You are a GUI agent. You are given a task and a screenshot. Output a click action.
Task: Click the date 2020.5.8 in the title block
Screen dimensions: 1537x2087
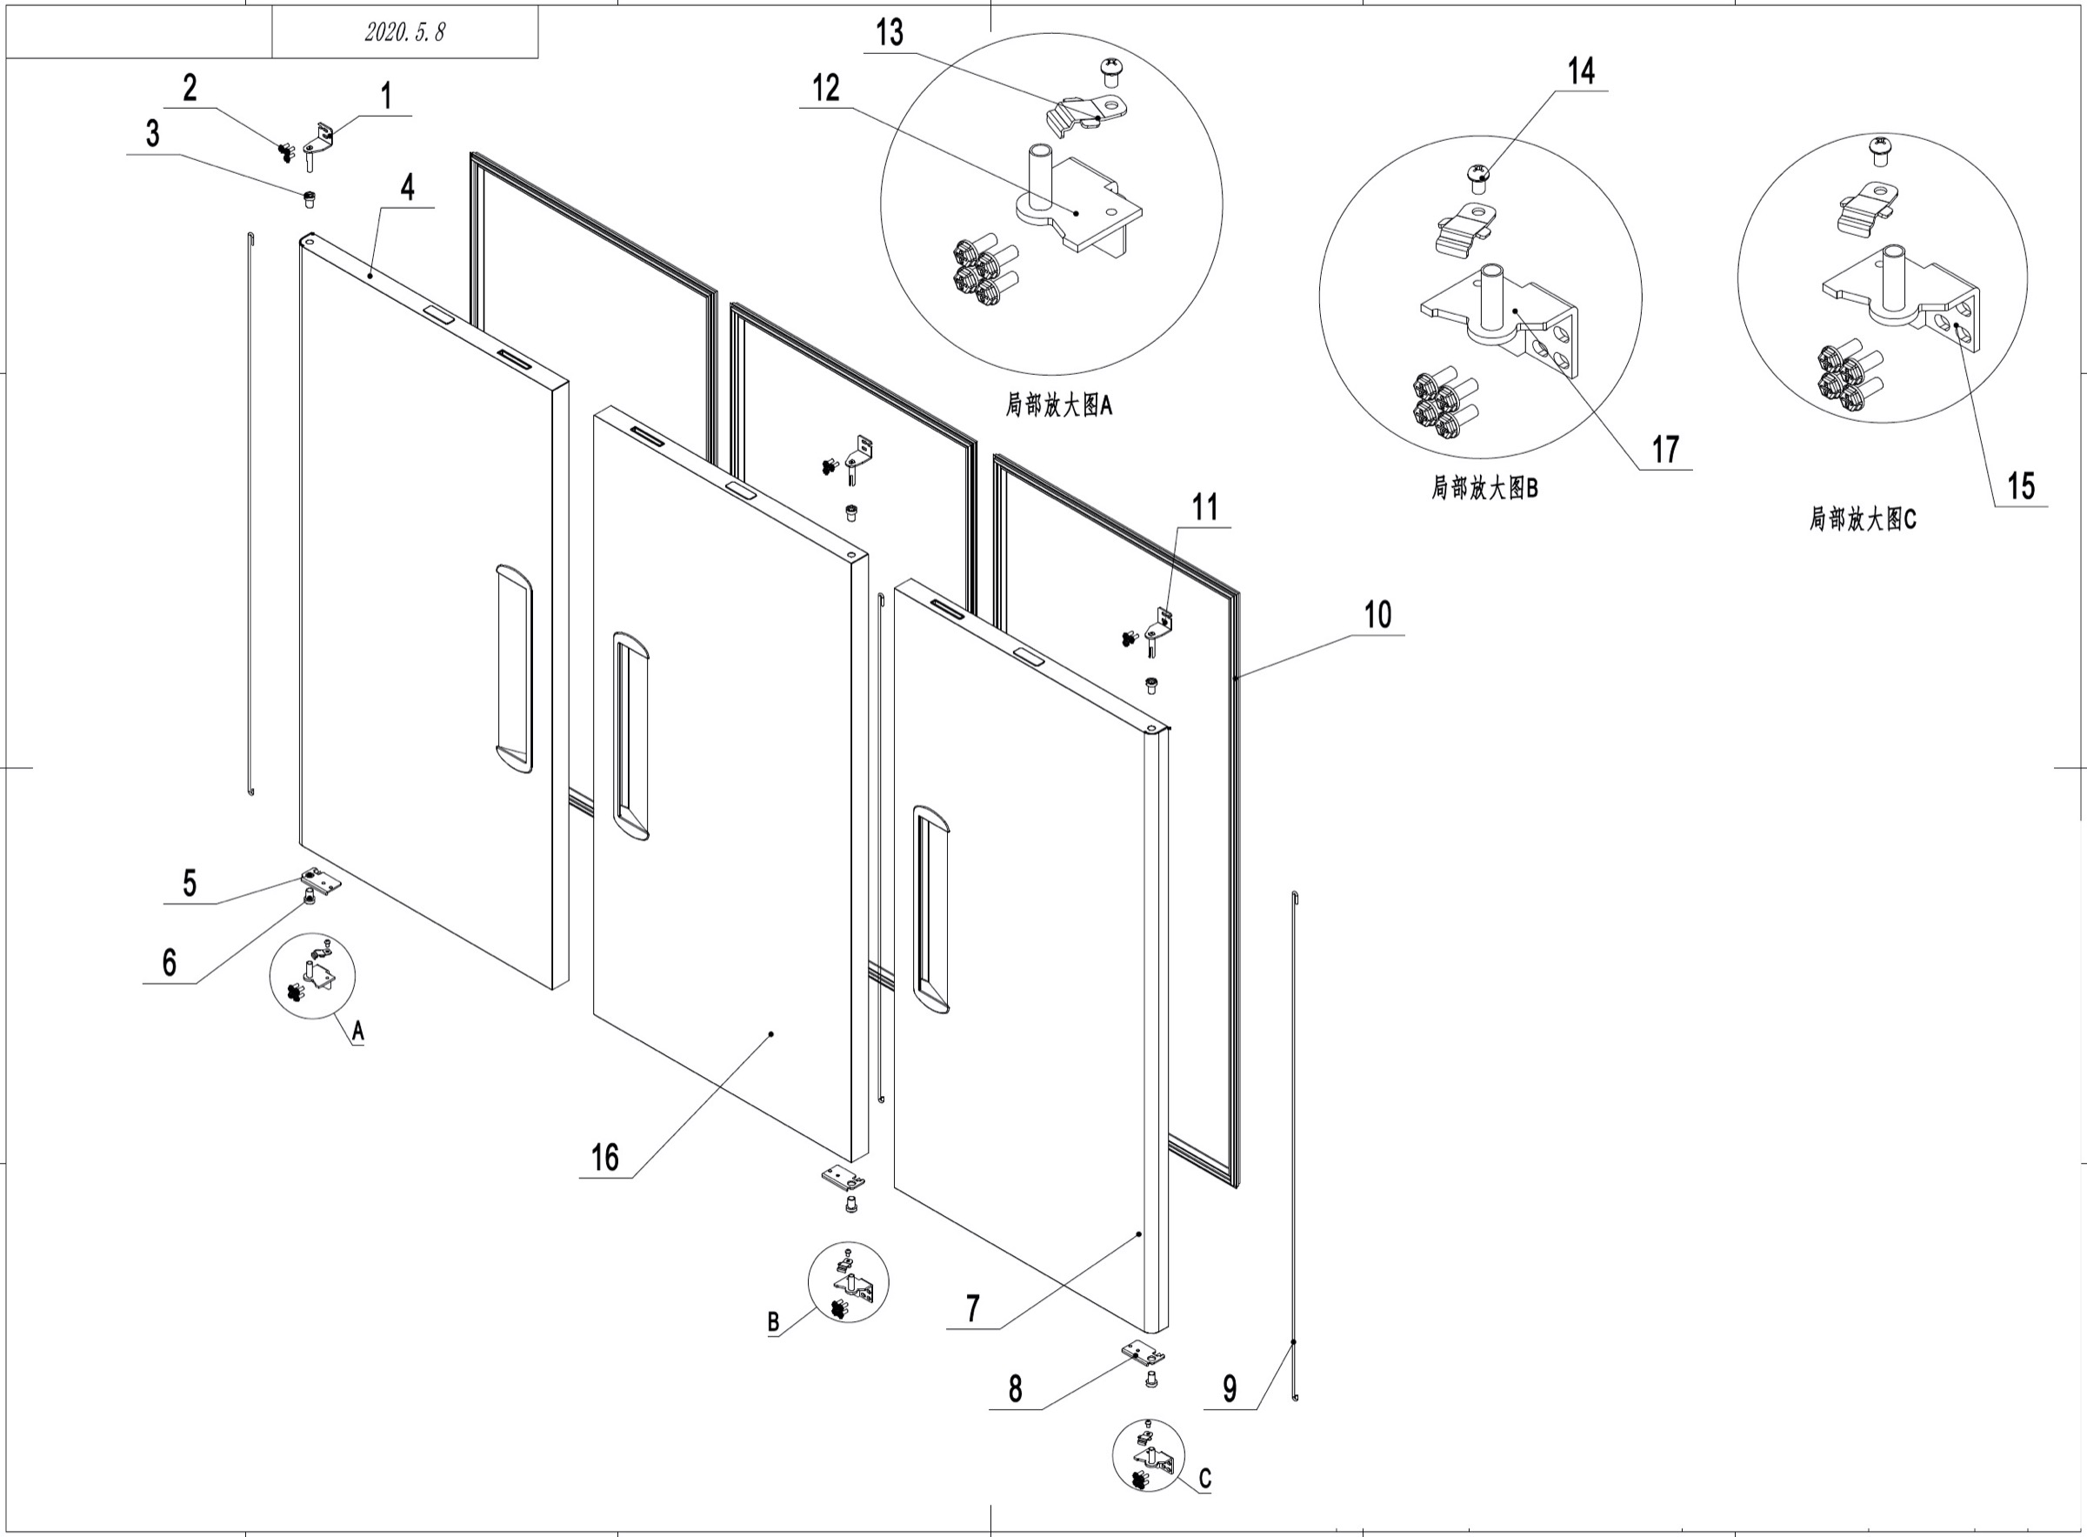[404, 32]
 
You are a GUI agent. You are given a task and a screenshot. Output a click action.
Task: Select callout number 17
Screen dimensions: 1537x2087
[1664, 450]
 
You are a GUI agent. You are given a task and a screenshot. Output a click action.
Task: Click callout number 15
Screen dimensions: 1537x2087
[2020, 485]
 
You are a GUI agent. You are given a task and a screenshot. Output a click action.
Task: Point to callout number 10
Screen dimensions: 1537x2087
[1377, 615]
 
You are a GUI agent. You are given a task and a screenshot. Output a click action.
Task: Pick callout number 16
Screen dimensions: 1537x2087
[604, 1159]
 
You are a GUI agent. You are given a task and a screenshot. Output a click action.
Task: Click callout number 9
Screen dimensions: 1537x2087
[1230, 1389]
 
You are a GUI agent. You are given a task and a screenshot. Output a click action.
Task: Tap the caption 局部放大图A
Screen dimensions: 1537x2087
[1058, 405]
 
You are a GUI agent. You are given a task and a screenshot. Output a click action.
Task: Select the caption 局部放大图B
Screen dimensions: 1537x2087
[1484, 487]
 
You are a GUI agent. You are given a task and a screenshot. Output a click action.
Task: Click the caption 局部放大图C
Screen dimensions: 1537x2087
[1863, 519]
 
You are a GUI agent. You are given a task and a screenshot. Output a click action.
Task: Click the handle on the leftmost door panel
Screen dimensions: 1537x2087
[514, 668]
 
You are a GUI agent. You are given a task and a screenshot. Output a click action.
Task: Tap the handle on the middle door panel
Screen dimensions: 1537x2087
[630, 736]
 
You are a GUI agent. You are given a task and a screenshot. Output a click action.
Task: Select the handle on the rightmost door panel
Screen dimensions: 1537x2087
[931, 909]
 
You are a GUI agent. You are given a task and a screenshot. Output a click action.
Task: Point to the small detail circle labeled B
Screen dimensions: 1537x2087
[847, 1282]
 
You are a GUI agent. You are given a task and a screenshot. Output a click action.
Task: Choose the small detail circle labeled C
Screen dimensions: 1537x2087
[1149, 1455]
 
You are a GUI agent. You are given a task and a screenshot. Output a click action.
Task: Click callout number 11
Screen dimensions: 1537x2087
[1204, 508]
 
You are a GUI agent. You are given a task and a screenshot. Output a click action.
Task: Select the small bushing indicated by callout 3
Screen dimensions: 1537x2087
[310, 198]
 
